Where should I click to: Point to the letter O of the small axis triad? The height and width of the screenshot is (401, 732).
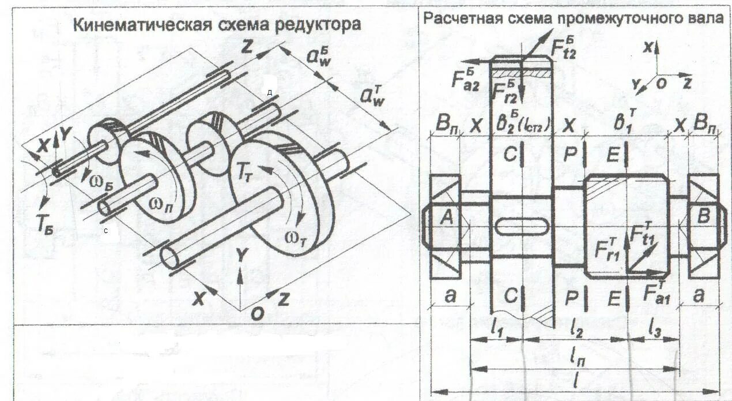661,84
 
